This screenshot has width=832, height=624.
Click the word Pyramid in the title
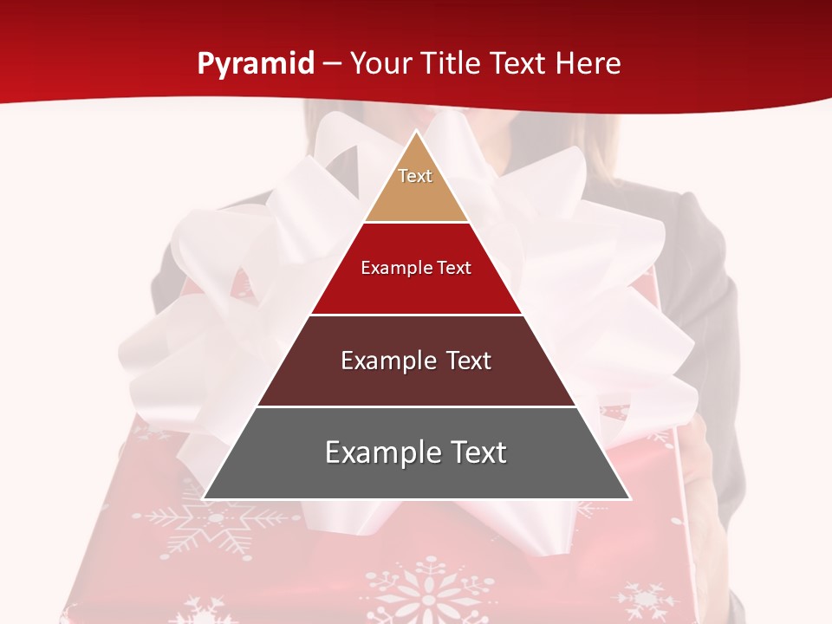[x=255, y=63]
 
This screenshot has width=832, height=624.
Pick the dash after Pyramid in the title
[x=332, y=64]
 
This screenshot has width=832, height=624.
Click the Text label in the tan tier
[x=415, y=176]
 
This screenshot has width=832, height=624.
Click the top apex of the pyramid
[x=416, y=132]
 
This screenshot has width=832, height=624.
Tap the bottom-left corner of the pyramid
[x=205, y=498]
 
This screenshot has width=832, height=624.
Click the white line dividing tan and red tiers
[x=416, y=222]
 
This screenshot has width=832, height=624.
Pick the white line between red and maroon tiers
[x=416, y=315]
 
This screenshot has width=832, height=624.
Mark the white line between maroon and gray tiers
[x=416, y=406]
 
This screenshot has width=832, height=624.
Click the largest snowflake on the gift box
[x=425, y=598]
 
